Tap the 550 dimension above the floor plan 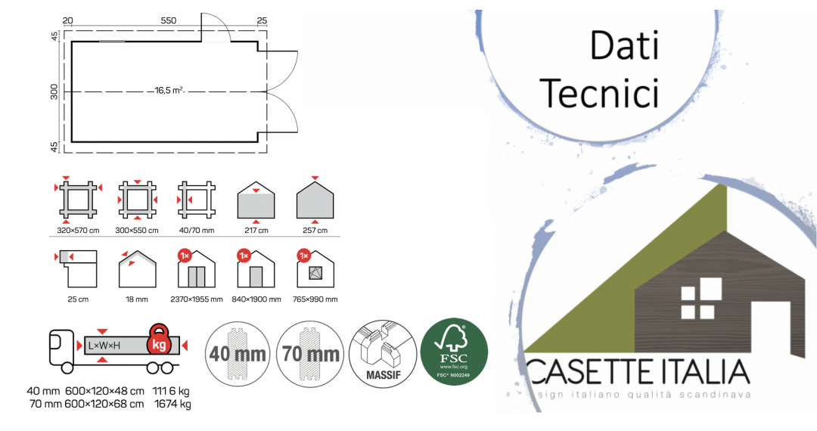click(169, 20)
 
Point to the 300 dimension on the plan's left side click(54, 91)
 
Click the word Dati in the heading click(624, 47)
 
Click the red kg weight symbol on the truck click(160, 343)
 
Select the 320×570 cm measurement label click(78, 231)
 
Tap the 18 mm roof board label click(137, 299)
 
